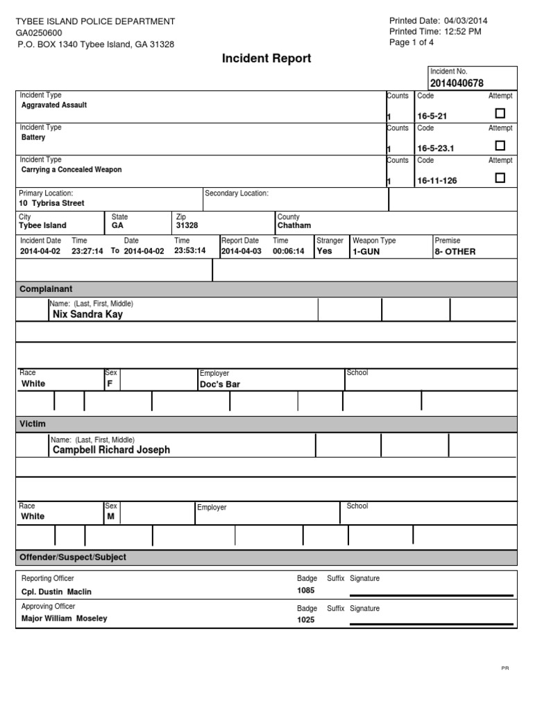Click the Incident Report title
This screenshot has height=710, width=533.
266,59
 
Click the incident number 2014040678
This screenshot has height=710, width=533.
457,83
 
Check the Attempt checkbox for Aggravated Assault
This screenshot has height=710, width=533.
500,114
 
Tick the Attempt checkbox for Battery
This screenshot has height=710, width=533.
500,146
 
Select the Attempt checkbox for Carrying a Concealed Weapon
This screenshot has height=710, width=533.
500,178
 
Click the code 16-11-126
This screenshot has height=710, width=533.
437,180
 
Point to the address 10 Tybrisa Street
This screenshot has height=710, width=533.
52,203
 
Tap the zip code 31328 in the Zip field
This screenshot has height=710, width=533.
187,225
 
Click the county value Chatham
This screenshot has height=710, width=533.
294,225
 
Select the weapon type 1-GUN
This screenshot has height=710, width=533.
366,252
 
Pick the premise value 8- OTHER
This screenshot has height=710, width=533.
455,252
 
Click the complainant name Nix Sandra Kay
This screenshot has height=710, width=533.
87,314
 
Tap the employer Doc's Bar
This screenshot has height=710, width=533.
219,383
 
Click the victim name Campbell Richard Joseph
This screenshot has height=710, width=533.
111,449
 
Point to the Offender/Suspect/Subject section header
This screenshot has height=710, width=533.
73,557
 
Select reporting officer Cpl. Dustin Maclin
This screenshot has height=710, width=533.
56,591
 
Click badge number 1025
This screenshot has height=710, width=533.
305,620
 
